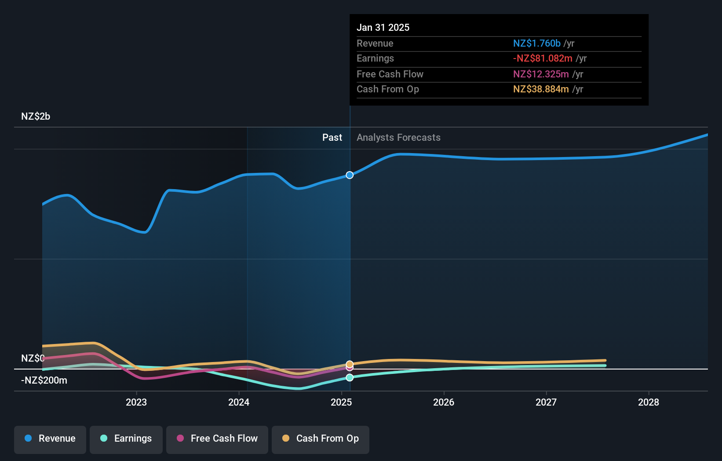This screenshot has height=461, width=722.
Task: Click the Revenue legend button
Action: [x=50, y=439]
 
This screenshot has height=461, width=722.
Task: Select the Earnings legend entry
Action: [x=126, y=439]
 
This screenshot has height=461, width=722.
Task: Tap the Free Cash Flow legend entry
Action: [x=217, y=439]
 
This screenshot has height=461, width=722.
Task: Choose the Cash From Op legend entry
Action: [x=321, y=439]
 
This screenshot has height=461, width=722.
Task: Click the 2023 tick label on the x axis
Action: [x=136, y=402]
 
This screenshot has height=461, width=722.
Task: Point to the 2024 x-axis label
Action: [x=239, y=402]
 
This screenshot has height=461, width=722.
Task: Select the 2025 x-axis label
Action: [x=341, y=402]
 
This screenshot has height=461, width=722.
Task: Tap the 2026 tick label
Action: [x=444, y=402]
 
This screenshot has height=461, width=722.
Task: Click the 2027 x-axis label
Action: [x=546, y=402]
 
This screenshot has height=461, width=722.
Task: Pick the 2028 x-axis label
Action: [x=649, y=402]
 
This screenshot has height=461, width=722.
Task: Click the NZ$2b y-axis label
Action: [x=36, y=117]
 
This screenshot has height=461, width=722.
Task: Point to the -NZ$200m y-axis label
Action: [x=44, y=381]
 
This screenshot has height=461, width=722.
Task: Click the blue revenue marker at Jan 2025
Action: [x=350, y=175]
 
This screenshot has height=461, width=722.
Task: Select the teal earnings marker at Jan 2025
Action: [x=350, y=377]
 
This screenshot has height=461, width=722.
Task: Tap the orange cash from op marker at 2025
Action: [x=350, y=364]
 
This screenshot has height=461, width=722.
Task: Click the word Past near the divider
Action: [x=332, y=138]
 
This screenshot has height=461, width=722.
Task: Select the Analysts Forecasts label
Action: [x=398, y=138]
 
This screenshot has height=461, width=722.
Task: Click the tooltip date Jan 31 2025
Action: [x=383, y=28]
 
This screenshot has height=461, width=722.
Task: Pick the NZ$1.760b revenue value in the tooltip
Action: [x=536, y=44]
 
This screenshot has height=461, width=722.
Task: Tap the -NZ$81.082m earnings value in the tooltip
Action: [x=543, y=59]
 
